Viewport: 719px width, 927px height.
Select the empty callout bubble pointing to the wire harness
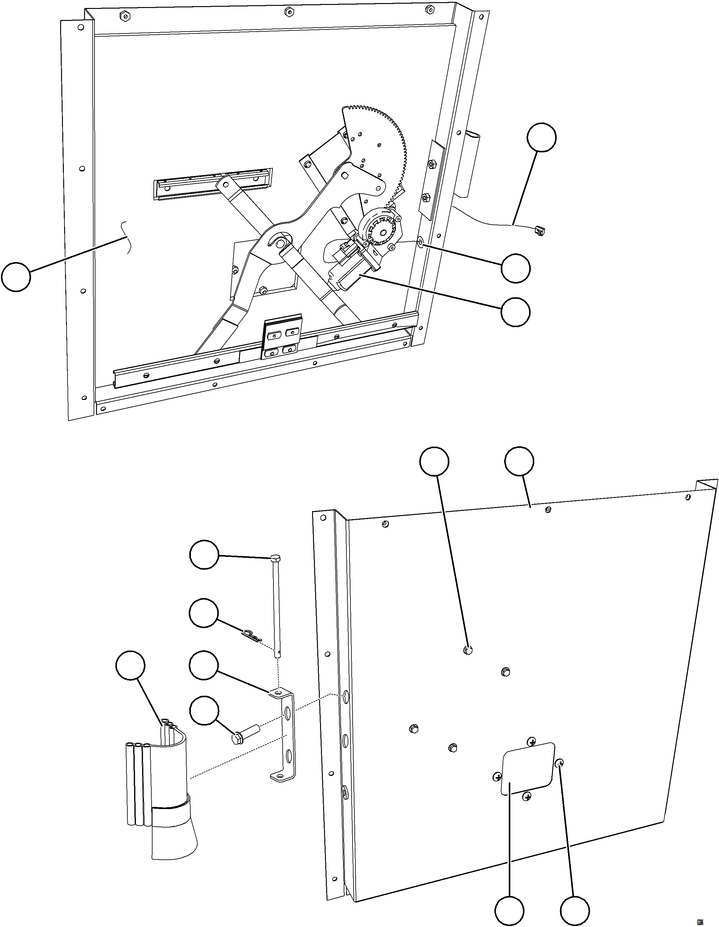(541, 137)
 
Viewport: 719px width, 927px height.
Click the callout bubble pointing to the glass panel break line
(16, 277)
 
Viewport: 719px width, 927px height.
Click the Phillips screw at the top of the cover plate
(531, 741)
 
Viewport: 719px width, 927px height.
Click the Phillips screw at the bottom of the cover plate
(527, 797)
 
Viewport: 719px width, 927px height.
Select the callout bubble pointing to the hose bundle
(130, 664)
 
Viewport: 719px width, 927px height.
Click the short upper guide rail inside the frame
(212, 183)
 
